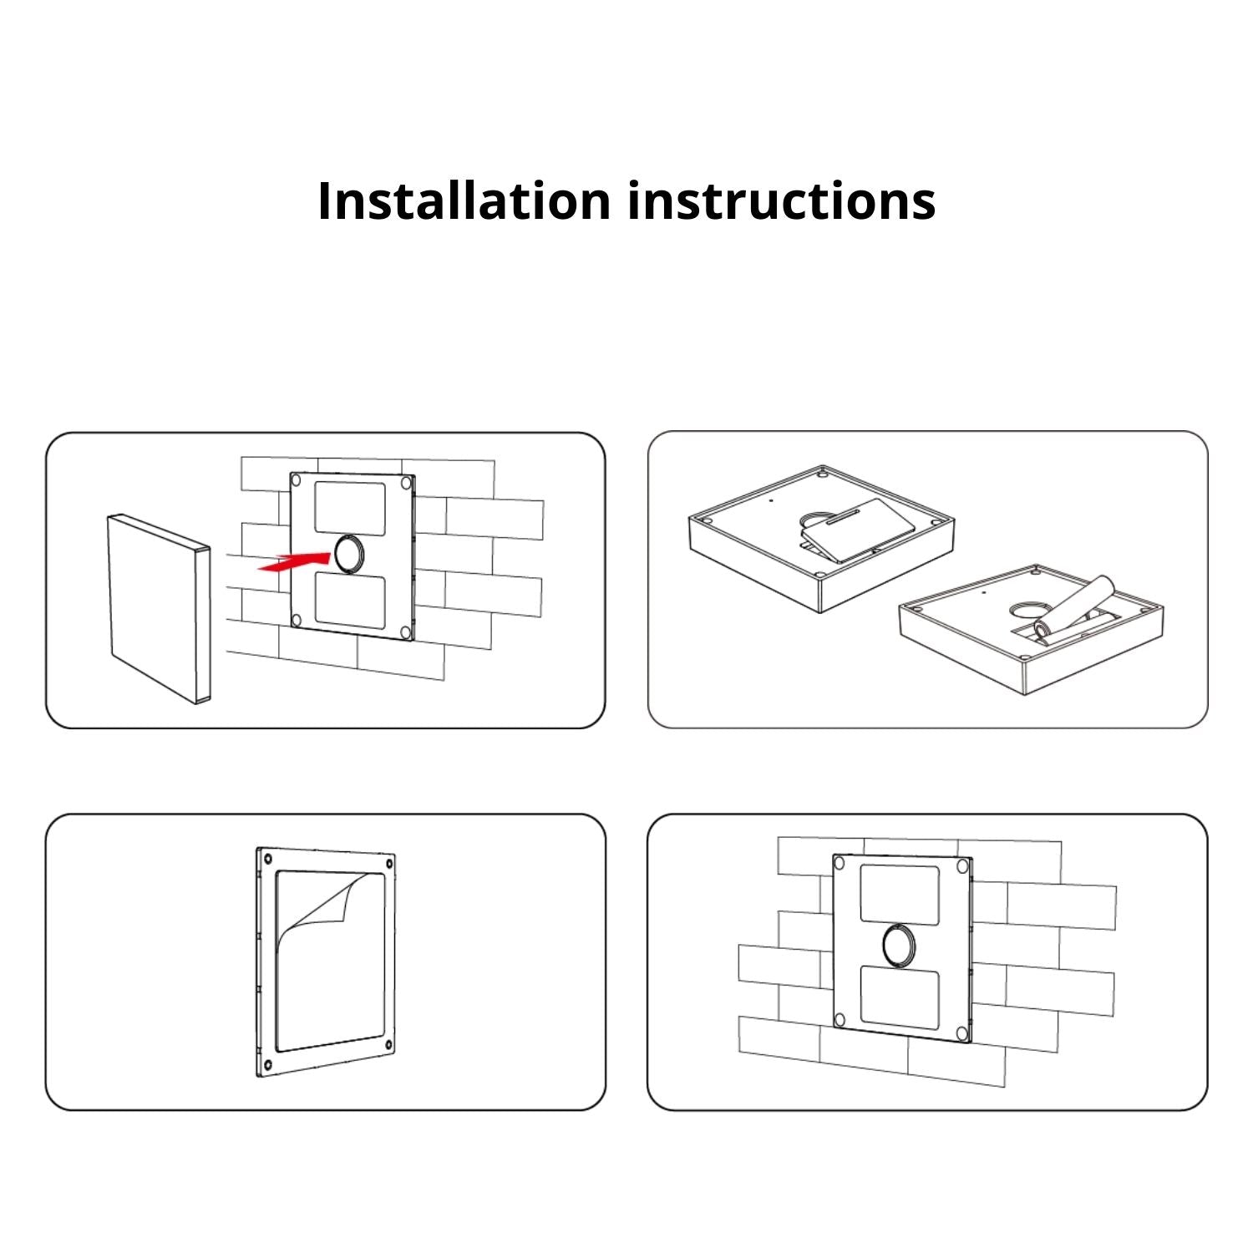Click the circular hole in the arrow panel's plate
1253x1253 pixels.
(349, 554)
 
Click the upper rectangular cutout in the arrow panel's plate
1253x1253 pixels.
(349, 507)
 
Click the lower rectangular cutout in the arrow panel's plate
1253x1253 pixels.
(349, 601)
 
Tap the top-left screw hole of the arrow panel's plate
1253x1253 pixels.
(296, 480)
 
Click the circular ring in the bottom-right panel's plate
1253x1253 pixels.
(899, 945)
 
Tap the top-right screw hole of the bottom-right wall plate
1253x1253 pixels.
(961, 865)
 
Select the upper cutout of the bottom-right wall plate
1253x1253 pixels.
(899, 894)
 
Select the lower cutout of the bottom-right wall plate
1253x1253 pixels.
(899, 996)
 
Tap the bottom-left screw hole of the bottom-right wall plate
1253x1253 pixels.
(840, 1019)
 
